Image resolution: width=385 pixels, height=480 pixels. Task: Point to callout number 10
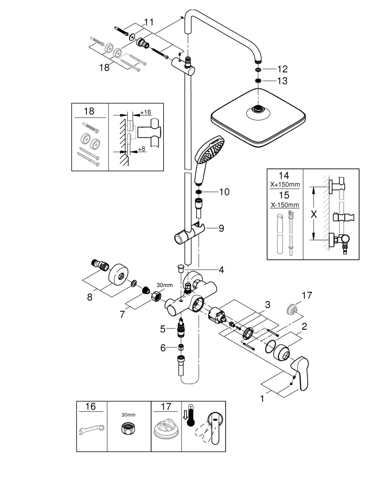coord(224,192)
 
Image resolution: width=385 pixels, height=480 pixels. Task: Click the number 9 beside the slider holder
coord(221,228)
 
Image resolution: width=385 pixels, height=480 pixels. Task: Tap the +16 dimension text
coord(145,112)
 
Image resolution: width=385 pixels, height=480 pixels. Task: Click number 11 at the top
coord(149,22)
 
